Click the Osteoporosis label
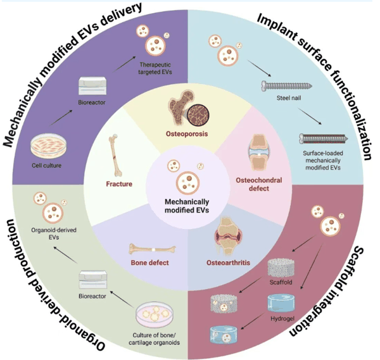(x=187, y=134)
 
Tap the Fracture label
(x=119, y=184)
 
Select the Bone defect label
(x=149, y=263)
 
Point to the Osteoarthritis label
(x=228, y=263)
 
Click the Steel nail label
(x=289, y=98)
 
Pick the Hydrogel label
(x=282, y=319)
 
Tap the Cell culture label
(x=46, y=166)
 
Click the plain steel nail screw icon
(x=287, y=86)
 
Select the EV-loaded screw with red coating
(x=324, y=139)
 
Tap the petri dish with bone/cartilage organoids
(x=155, y=314)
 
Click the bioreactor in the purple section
(x=92, y=85)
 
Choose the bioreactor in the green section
(x=93, y=280)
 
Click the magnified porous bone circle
(x=199, y=115)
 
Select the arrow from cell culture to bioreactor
(x=61, y=118)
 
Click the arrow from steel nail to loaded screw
(x=310, y=116)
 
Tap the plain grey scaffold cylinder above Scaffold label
(x=281, y=268)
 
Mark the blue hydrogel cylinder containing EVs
(x=223, y=335)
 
